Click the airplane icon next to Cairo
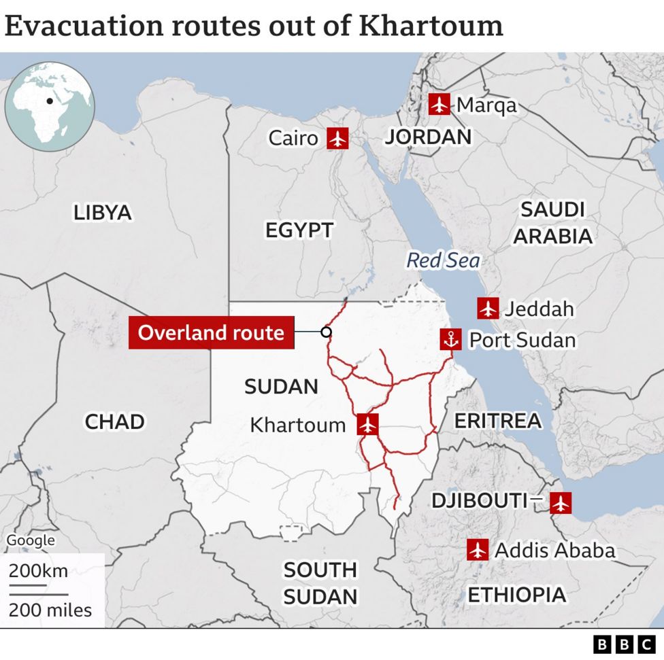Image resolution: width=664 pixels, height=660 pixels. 337,138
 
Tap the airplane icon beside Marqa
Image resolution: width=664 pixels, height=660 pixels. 439,105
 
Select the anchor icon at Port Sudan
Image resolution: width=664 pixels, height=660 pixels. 450,339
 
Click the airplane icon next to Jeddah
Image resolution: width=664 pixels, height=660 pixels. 488,309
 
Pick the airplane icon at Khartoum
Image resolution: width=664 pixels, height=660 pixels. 368,425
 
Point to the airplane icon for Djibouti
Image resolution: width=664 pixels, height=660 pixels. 560,503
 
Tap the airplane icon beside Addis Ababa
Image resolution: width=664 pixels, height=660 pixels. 478,549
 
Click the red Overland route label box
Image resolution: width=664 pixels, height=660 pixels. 211,333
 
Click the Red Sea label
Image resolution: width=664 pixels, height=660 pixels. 443,260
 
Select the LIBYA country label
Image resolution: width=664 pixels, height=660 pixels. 103,213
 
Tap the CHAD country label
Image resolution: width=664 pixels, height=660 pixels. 114,421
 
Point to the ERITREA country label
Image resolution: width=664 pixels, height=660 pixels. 498,421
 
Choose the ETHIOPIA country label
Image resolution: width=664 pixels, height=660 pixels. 516,595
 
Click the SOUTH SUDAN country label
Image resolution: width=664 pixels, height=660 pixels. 320,583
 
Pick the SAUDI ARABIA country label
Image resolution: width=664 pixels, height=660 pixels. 552,222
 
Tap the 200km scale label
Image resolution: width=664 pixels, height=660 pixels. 38,570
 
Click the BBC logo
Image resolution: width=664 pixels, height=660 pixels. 623,644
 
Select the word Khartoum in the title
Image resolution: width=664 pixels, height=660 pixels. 431,26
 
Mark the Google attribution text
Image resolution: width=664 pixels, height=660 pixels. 31,540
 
